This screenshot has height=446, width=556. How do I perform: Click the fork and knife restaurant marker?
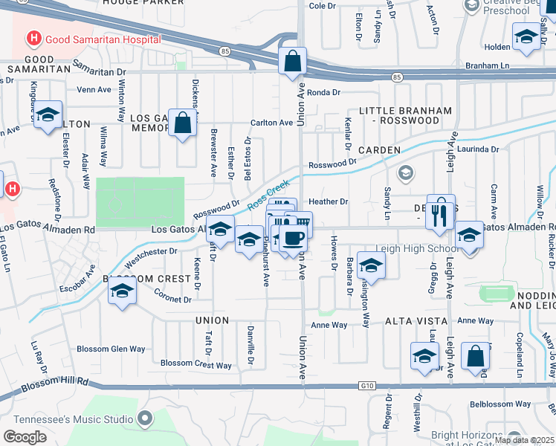[440, 213]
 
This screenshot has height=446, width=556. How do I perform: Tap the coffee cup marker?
[294, 239]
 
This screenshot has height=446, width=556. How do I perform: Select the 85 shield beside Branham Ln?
[397, 77]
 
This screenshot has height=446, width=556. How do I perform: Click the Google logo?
[25, 437]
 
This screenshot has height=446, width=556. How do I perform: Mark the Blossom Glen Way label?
[111, 349]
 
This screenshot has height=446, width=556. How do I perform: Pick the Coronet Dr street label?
[172, 300]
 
